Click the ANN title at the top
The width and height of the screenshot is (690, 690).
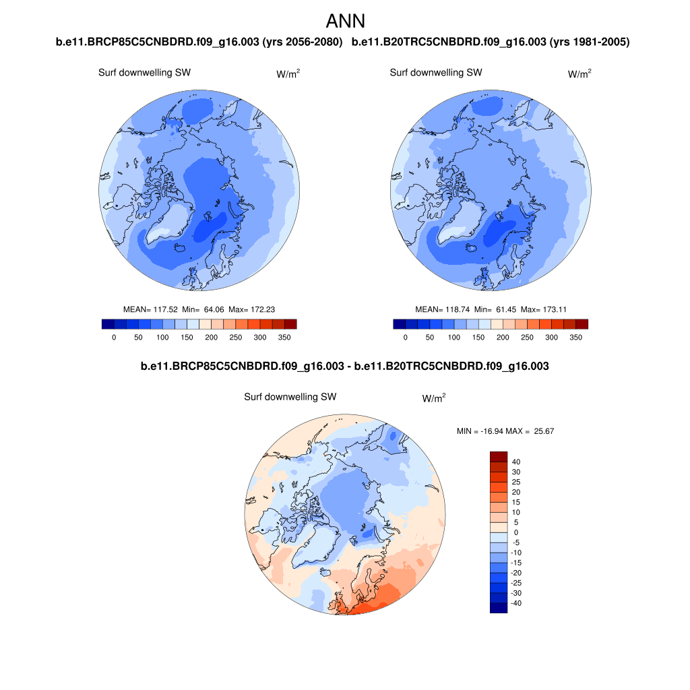tap(345, 21)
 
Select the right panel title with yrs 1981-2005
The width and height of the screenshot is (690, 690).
tap(491, 42)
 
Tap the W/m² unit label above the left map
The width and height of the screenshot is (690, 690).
tap(288, 73)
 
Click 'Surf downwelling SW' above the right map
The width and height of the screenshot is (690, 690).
tap(436, 72)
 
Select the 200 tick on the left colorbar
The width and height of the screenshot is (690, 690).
tap(211, 337)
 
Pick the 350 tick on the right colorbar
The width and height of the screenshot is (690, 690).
tap(575, 337)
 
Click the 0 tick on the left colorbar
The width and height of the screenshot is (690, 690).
tap(114, 337)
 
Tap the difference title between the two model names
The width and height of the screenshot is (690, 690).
tap(344, 367)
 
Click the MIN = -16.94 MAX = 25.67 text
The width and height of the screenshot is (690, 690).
tap(505, 431)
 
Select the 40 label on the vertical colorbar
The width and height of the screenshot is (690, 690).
tap(516, 462)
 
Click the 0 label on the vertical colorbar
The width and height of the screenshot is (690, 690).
tap(516, 532)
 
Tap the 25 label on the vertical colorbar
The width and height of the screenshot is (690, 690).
tap(516, 482)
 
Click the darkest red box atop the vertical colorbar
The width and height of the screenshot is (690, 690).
tap(498, 457)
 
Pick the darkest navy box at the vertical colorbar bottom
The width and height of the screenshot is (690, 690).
tap(498, 608)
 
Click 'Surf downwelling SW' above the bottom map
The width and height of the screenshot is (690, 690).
tap(290, 397)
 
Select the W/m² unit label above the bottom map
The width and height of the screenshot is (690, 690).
tap(433, 398)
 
